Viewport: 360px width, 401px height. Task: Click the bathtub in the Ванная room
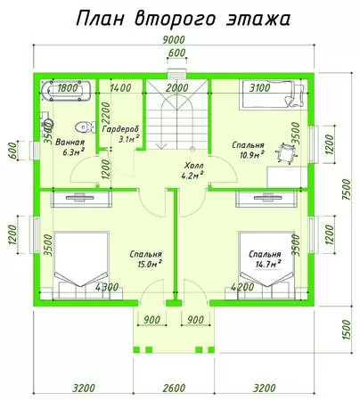coord(66,91)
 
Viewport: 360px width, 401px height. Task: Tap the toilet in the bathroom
coord(85,127)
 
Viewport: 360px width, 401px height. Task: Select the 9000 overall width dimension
coord(174,39)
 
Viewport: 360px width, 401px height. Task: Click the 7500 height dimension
coord(347,190)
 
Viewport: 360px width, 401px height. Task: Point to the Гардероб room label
coord(120,129)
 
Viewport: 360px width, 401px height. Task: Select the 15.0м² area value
coord(150,264)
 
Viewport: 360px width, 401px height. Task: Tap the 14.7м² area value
coord(268,264)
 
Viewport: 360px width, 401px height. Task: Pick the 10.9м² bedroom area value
coord(252,154)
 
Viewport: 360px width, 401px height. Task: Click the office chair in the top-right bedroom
coord(286,152)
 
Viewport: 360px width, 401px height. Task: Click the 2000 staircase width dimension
coord(177,88)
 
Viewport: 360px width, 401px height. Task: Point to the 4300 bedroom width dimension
coord(107,287)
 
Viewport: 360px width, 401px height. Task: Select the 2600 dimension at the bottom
coord(175,388)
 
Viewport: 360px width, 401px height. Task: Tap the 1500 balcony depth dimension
coord(347,330)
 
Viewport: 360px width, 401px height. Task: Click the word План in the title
coord(100,19)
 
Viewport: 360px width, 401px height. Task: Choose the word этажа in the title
coord(258,19)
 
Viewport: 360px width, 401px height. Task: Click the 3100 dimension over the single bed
coord(259,87)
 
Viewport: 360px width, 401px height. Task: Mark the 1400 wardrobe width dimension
coord(120,88)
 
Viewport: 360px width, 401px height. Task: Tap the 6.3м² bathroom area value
coord(73,152)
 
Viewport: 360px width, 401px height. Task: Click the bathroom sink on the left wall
coord(46,122)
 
